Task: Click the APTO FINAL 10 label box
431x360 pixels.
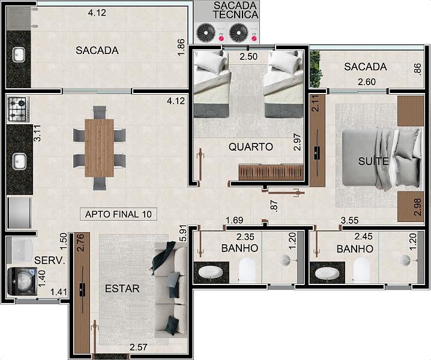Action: tap(118, 214)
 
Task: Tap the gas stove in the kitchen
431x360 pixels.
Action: tap(18, 109)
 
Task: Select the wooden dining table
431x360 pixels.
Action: tap(99, 148)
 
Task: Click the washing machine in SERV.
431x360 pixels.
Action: tap(22, 281)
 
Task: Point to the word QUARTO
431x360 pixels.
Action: tap(251, 147)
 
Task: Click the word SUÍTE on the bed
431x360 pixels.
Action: tap(373, 161)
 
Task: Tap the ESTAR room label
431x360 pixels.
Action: tap(122, 289)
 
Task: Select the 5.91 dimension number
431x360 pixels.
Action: tap(183, 235)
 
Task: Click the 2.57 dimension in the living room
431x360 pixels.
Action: tap(138, 347)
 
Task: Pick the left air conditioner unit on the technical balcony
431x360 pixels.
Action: tap(206, 33)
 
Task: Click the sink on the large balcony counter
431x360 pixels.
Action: tap(19, 55)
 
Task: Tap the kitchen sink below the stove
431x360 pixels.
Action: tap(19, 161)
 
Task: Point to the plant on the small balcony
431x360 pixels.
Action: tap(316, 69)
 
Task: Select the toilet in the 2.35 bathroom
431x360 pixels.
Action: tap(247, 271)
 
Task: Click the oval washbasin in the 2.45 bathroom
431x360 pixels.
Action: tap(327, 273)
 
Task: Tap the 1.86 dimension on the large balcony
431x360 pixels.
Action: tap(181, 47)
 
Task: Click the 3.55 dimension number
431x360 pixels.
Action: tap(349, 220)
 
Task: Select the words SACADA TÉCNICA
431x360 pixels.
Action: tap(235, 10)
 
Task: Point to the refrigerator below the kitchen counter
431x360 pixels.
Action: tap(19, 213)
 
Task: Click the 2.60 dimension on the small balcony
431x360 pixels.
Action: tap(367, 82)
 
